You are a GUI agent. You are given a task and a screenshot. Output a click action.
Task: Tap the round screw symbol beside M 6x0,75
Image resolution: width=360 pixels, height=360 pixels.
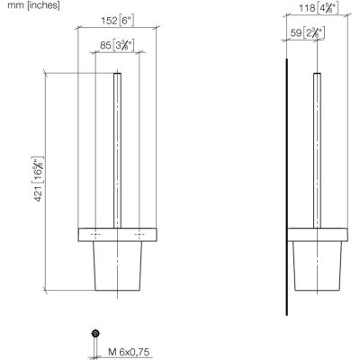pos(94,334)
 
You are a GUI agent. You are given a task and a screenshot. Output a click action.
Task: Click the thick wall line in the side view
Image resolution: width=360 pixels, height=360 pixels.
pos(286,180)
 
